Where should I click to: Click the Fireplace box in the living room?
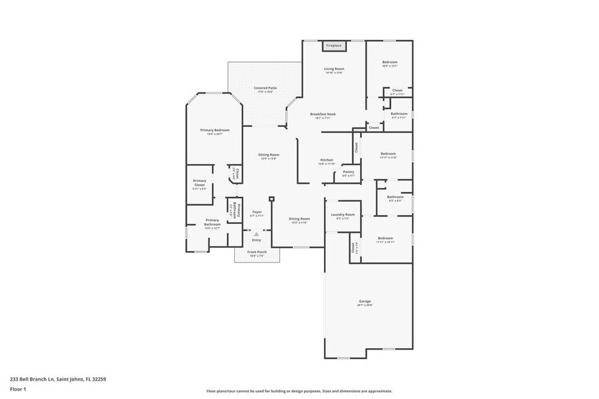[x=333, y=45]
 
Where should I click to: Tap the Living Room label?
[x=333, y=69]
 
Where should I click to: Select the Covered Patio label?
[x=265, y=88]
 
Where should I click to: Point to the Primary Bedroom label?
[x=215, y=130]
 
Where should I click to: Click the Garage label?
[x=365, y=301]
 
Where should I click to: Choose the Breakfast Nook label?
[x=323, y=114]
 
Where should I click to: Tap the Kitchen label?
[x=327, y=160]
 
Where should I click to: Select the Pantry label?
[x=348, y=172]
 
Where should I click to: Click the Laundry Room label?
[x=343, y=215]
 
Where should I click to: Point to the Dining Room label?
[x=300, y=218]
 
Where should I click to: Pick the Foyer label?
[x=257, y=212]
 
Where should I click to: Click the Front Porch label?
[x=257, y=252]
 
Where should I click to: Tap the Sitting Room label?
[x=268, y=155]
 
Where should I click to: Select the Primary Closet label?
[x=199, y=183]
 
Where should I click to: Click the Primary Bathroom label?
[x=212, y=222]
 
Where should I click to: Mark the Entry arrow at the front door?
[x=257, y=233]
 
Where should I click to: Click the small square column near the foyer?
[x=271, y=199]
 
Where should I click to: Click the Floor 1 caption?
[x=18, y=389]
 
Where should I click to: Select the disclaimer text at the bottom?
[x=299, y=391]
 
